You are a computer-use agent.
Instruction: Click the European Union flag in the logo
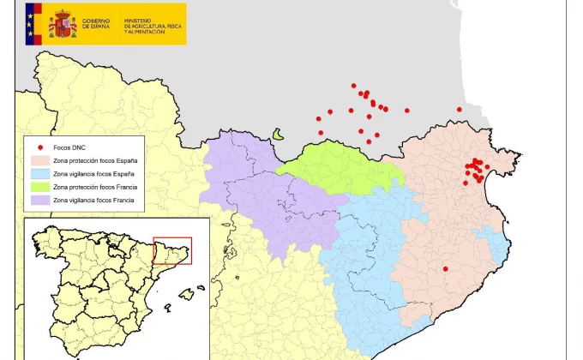click(x=34, y=22)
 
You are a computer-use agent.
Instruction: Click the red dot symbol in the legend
click(x=40, y=147)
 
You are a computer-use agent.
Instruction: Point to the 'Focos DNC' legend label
click(x=69, y=147)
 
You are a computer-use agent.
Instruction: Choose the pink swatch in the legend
click(x=40, y=160)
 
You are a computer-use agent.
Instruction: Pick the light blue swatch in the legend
click(x=40, y=174)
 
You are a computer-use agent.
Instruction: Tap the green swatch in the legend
click(x=40, y=187)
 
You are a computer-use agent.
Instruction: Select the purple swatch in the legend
click(x=40, y=200)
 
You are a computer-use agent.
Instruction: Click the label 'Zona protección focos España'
click(x=94, y=160)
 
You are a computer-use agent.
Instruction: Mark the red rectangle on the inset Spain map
click(x=172, y=250)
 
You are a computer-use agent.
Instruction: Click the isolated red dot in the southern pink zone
click(x=445, y=269)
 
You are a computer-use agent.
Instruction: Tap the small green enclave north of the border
click(x=278, y=135)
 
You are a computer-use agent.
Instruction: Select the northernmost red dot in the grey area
click(x=353, y=86)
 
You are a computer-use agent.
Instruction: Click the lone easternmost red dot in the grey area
click(x=460, y=110)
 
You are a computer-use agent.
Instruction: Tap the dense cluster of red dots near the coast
click(x=473, y=169)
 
